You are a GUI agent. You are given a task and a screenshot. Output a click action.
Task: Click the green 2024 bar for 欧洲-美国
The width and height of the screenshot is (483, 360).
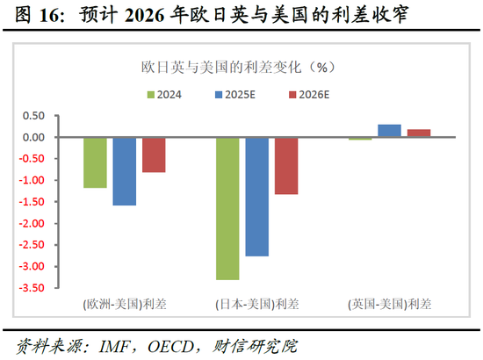click(x=95, y=162)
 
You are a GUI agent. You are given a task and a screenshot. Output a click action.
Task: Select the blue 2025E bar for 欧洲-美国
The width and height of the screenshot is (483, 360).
click(x=125, y=171)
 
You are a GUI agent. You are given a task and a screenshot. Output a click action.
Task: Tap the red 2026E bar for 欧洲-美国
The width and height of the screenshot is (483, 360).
click(x=154, y=155)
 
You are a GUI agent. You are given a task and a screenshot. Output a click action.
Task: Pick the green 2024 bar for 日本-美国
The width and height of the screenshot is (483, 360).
click(x=227, y=208)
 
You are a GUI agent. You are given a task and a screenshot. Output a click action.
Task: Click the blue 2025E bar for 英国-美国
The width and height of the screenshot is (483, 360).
click(x=389, y=131)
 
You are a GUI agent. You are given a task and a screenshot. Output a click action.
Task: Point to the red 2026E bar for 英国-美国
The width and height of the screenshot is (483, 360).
click(x=419, y=133)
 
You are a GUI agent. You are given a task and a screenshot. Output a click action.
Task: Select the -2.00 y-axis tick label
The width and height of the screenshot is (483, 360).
click(x=31, y=224)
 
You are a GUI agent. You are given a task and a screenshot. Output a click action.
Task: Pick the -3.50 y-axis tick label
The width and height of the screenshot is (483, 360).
click(x=31, y=288)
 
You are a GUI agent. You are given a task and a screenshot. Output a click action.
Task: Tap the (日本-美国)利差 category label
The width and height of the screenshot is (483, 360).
click(x=256, y=305)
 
